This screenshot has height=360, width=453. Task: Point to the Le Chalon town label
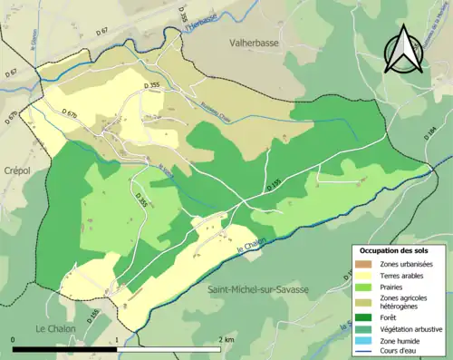click(x=54, y=327)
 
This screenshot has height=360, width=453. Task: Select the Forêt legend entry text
click(x=390, y=318)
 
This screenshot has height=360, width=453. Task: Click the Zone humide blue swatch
click(x=363, y=340)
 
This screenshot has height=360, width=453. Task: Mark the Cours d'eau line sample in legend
click(x=363, y=351)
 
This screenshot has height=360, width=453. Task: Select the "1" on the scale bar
click(x=116, y=339)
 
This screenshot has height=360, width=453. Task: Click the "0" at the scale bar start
click(x=14, y=339)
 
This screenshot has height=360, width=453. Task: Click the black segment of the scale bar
click(x=64, y=349)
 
